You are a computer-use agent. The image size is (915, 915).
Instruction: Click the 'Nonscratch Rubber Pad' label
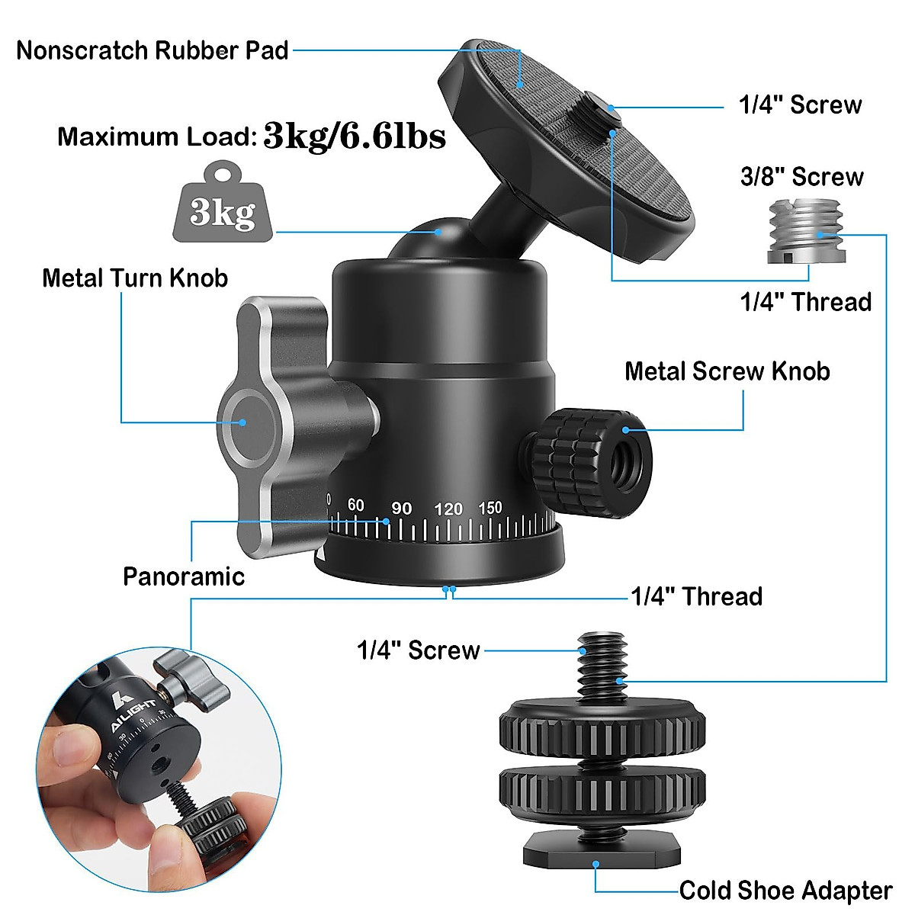pyautogui.click(x=152, y=50)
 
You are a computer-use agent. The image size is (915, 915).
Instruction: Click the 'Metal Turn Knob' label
pyautogui.click(x=135, y=278)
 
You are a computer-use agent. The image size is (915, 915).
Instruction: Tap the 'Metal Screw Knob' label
pyautogui.click(x=727, y=371)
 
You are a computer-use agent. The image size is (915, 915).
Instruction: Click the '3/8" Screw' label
pyautogui.click(x=801, y=177)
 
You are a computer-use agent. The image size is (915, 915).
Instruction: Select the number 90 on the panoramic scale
pyautogui.click(x=401, y=509)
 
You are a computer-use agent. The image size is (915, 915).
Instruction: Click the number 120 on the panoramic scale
pyautogui.click(x=448, y=509)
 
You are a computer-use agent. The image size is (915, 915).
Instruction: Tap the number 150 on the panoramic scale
pyautogui.click(x=490, y=507)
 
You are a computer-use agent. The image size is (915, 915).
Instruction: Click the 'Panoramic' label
pyautogui.click(x=184, y=576)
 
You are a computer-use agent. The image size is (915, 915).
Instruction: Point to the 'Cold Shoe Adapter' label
pyautogui.click(x=785, y=890)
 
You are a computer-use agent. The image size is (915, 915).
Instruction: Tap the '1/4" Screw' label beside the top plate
pyautogui.click(x=800, y=104)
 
